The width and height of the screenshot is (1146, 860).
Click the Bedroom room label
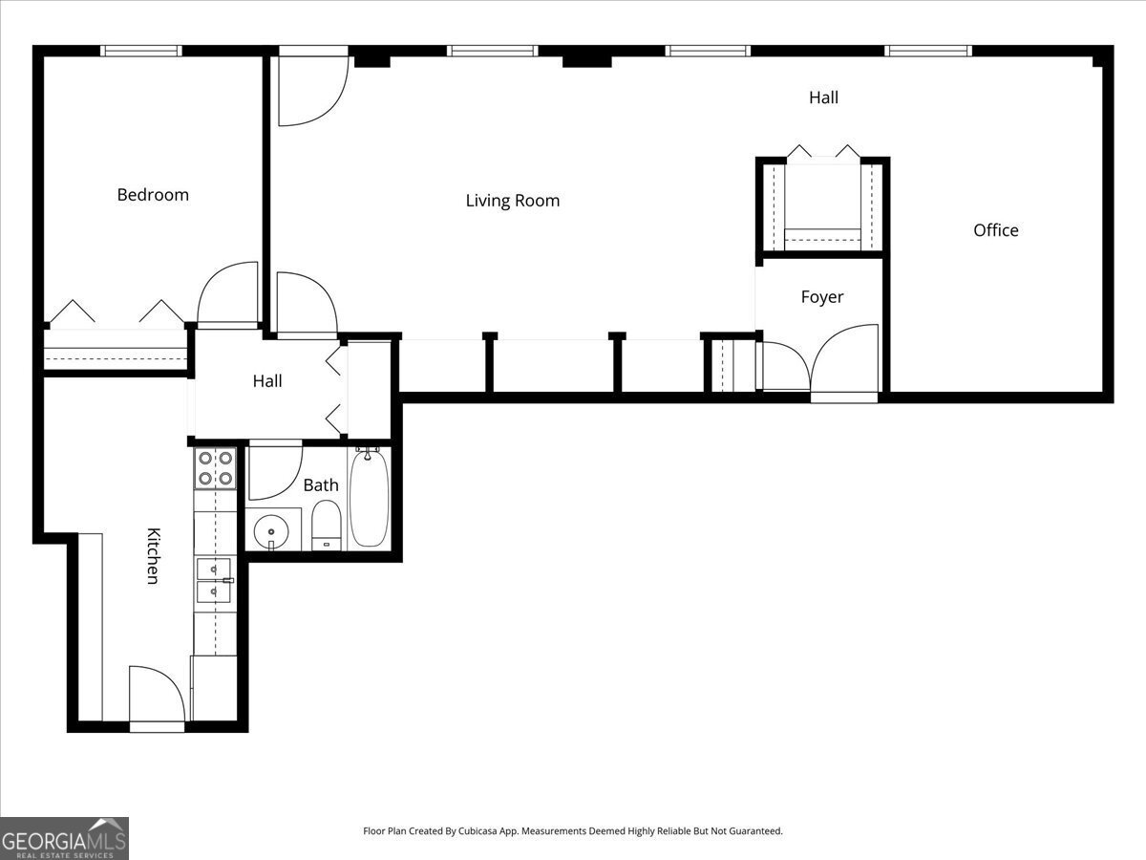point(153,195)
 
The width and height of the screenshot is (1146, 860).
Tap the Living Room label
point(513,201)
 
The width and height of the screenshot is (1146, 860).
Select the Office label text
point(995,230)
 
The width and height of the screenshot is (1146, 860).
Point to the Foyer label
point(821,297)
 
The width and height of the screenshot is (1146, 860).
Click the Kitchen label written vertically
point(152,555)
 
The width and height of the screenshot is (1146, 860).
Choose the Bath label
point(320,485)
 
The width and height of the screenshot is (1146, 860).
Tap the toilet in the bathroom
point(327,526)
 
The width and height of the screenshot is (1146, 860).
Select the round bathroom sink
point(272,529)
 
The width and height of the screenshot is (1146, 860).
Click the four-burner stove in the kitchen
point(215,468)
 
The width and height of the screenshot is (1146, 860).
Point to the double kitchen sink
point(214,581)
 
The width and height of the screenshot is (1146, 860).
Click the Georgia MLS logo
point(64,838)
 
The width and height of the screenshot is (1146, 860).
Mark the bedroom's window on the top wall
point(141,51)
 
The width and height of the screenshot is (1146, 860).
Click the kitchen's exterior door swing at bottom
point(156,695)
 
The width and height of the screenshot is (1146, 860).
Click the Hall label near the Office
point(823,97)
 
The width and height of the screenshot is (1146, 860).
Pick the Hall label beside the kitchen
point(267,381)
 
